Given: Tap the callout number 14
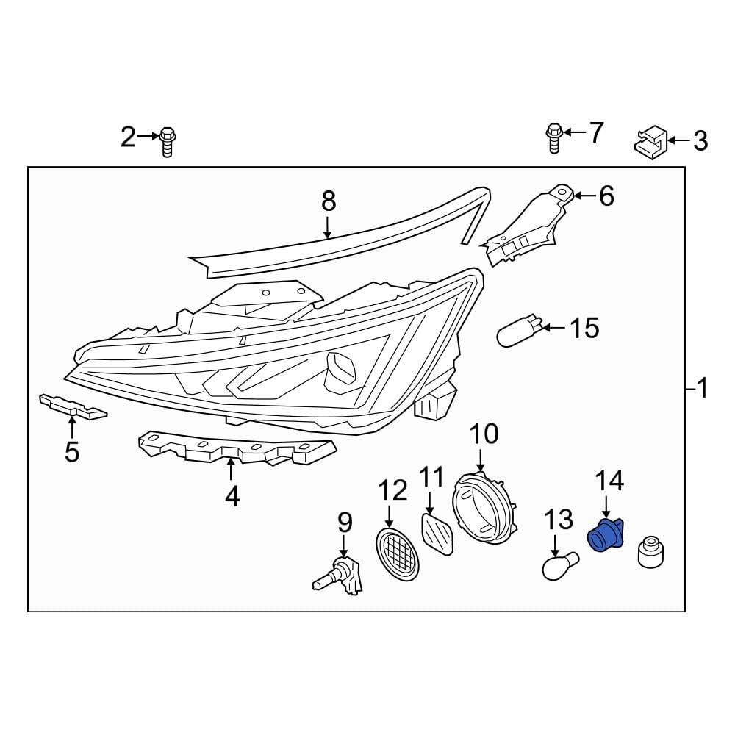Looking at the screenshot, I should (609, 481).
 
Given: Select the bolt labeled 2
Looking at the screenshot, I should (168, 141).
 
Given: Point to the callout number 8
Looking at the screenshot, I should (328, 201).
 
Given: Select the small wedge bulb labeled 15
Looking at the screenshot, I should (520, 331).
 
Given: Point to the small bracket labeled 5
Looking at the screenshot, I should (72, 406).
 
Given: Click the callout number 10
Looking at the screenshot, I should (484, 434).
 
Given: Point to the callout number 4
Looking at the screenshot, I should (232, 496).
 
